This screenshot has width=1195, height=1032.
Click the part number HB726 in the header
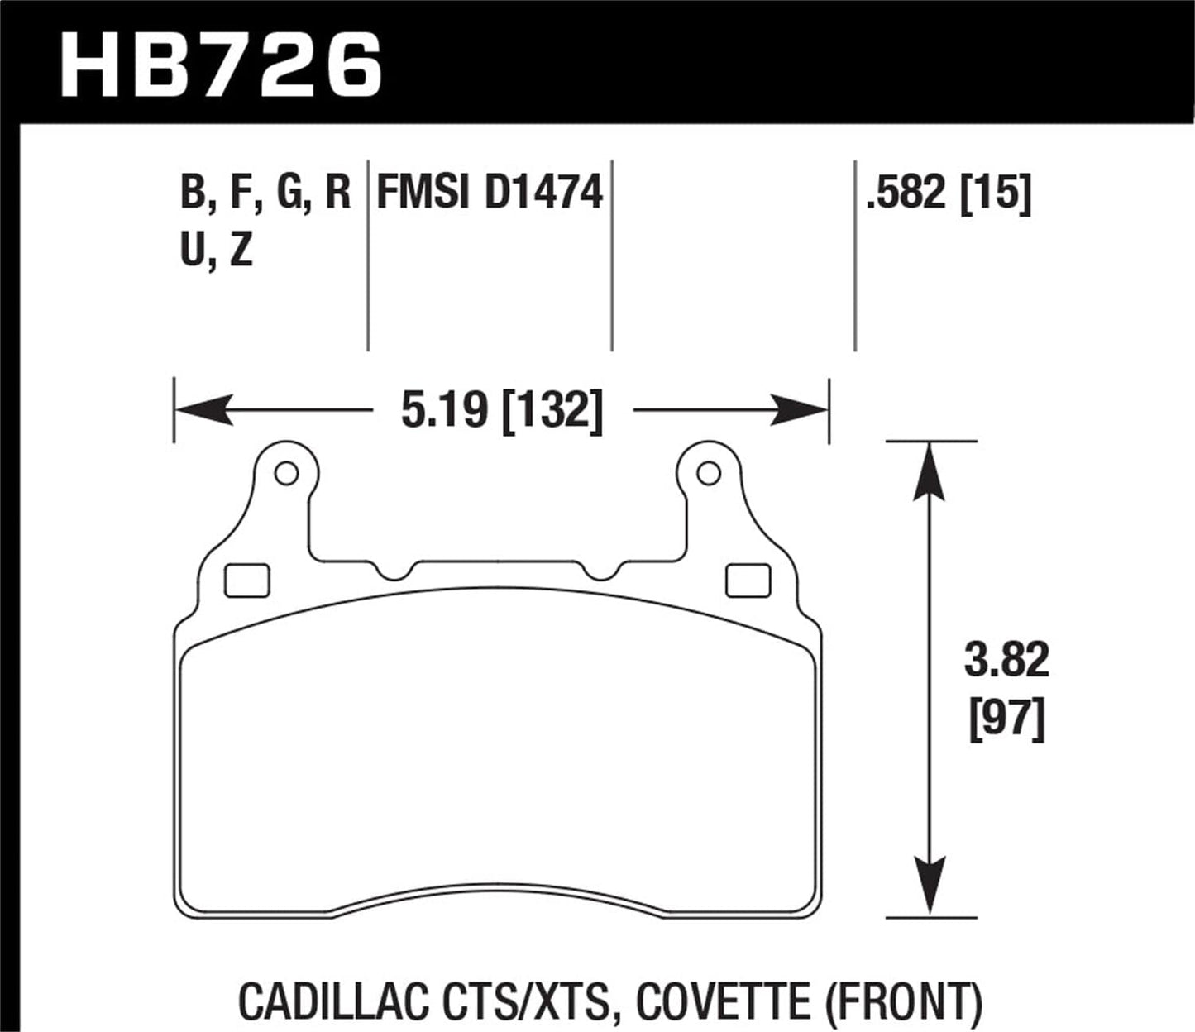pyautogui.click(x=222, y=64)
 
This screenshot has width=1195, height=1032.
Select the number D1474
pyautogui.click(x=543, y=193)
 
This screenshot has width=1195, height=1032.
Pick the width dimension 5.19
pyautogui.click(x=445, y=410)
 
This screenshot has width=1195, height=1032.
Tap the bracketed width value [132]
pyautogui.click(x=552, y=411)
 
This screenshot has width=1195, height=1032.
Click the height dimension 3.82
pyautogui.click(x=1006, y=661)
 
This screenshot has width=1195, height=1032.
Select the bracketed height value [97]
pyautogui.click(x=1006, y=719)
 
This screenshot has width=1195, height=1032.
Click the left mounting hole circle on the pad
pyautogui.click(x=286, y=474)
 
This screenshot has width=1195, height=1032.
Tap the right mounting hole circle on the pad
pyautogui.click(x=708, y=474)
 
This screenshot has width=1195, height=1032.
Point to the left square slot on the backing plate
pyautogui.click(x=247, y=580)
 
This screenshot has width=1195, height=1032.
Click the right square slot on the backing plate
pyautogui.click(x=748, y=580)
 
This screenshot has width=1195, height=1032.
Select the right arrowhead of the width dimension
pyautogui.click(x=800, y=410)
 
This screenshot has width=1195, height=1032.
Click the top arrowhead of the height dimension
pyautogui.click(x=930, y=471)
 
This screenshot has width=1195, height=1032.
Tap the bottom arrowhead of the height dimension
pyautogui.click(x=930, y=887)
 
